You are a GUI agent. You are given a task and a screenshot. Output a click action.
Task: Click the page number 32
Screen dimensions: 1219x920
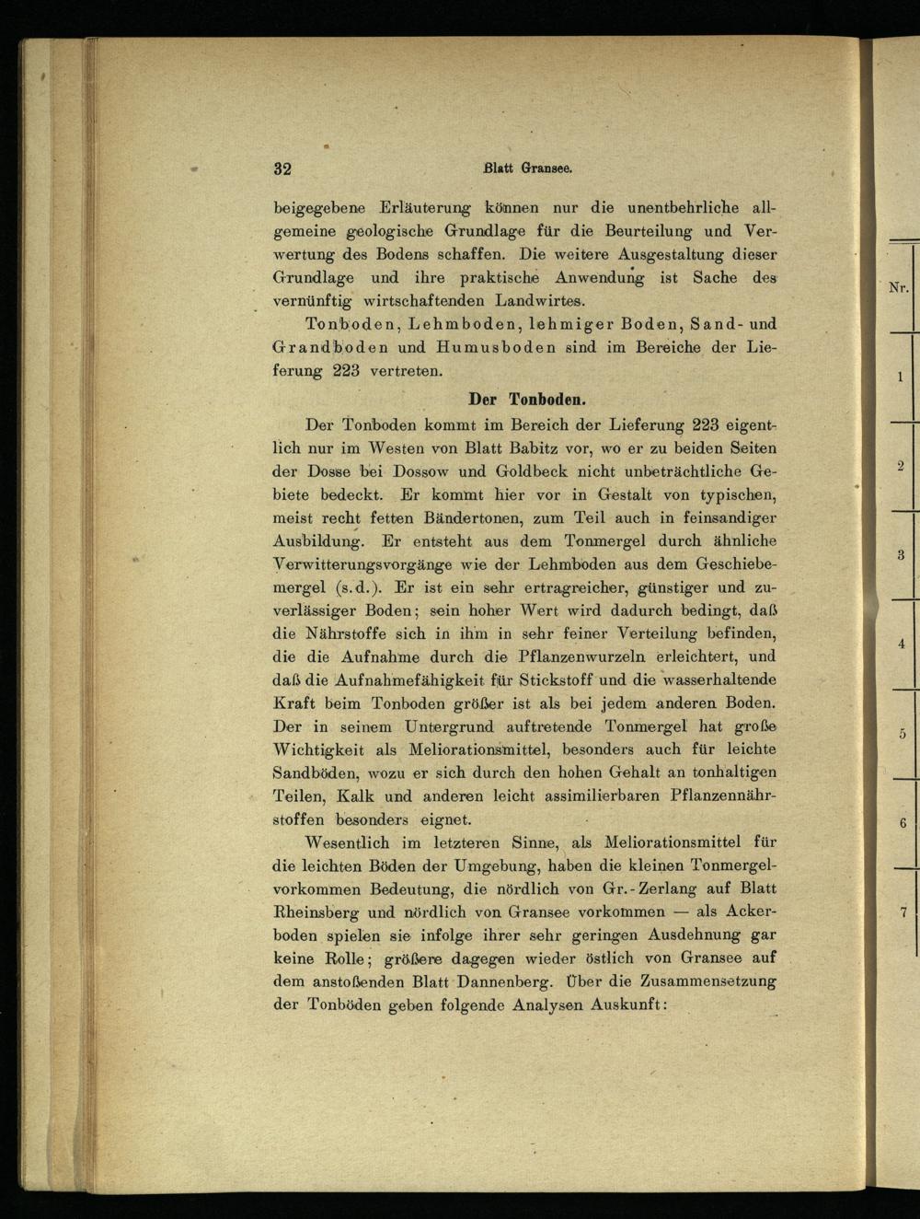282,168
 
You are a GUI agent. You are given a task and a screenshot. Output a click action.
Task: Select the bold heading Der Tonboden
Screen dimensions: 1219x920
527,401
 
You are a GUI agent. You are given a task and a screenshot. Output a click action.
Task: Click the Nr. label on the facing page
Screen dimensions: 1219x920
898,288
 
